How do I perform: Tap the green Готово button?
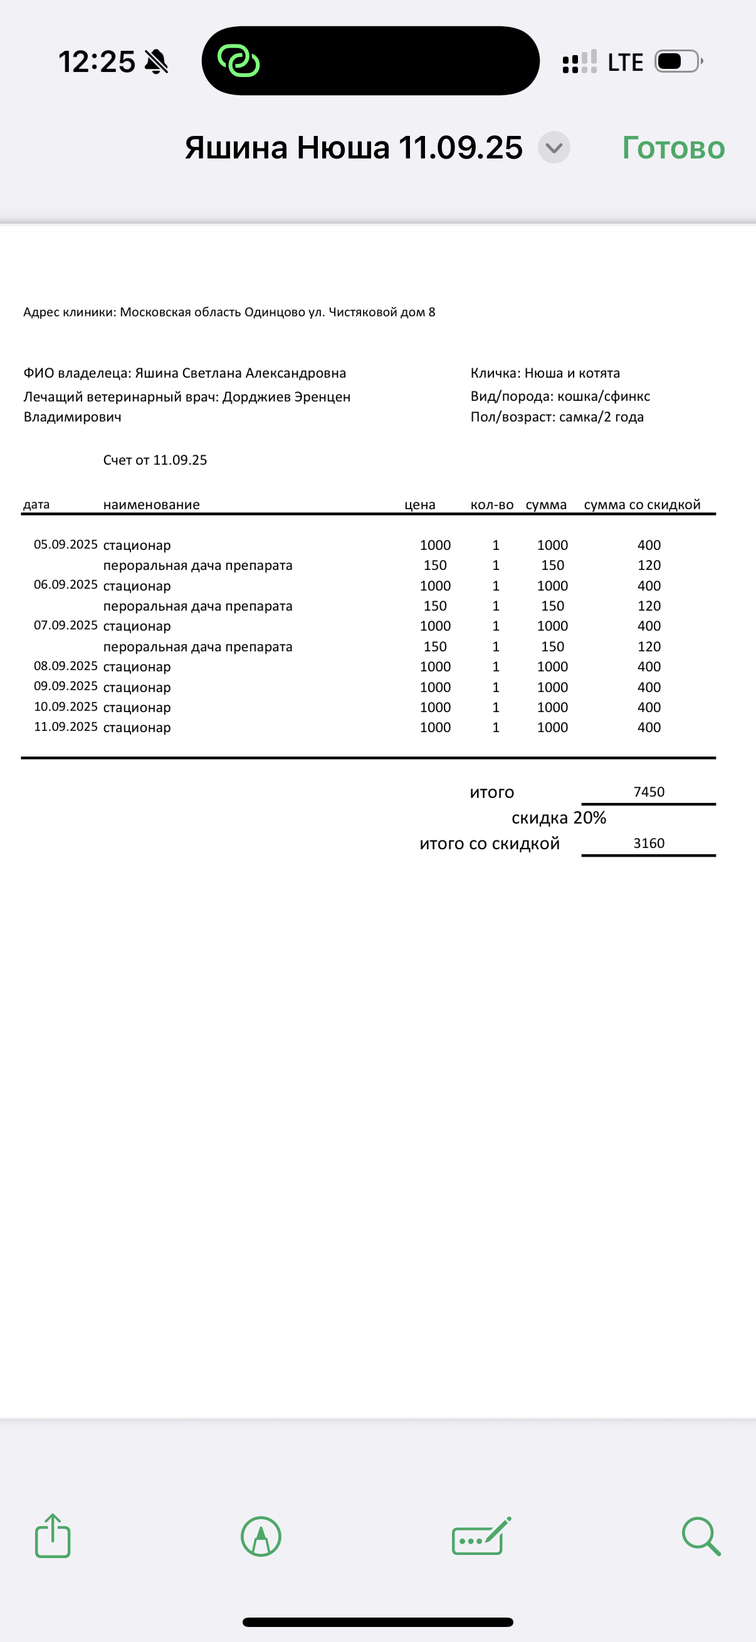[673, 148]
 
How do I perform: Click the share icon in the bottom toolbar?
[52, 1536]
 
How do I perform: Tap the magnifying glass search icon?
[700, 1536]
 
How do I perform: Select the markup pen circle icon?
[260, 1536]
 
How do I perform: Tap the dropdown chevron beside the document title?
[554, 148]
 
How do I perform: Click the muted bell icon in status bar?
[156, 62]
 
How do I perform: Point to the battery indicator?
[678, 62]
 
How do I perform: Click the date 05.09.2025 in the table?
[66, 544]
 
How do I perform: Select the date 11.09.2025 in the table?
[66, 726]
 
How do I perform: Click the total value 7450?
[649, 792]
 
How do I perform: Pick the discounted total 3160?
[649, 844]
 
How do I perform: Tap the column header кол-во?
[492, 505]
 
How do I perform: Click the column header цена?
[420, 505]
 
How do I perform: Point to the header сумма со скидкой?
[642, 505]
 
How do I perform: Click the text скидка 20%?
[559, 818]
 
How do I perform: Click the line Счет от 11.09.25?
[155, 460]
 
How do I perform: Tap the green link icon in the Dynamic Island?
[239, 61]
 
